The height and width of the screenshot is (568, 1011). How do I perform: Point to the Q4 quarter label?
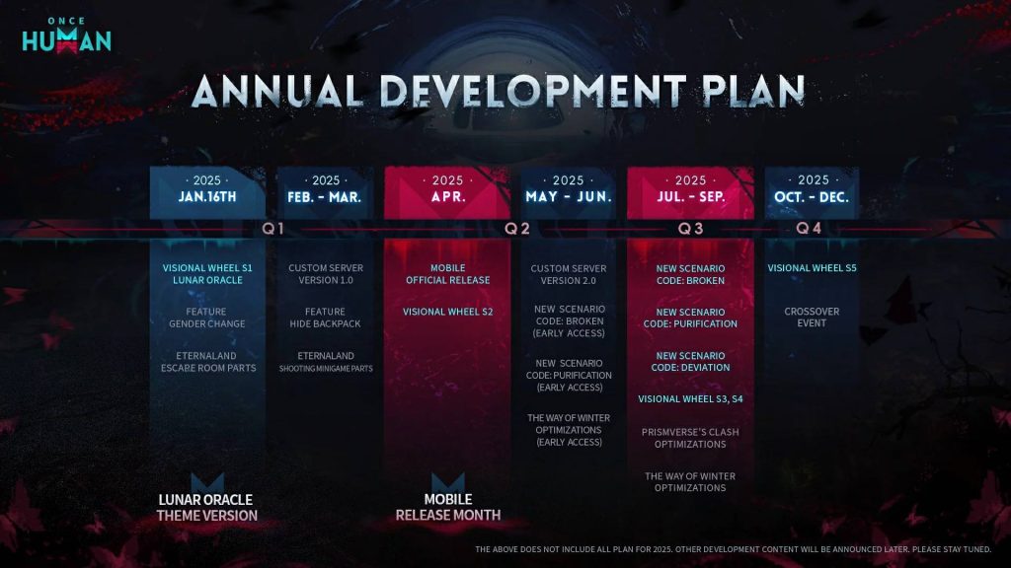coord(810,229)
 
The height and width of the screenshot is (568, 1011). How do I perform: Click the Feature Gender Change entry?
coord(207,318)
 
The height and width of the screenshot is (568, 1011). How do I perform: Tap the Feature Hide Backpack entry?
coord(325,318)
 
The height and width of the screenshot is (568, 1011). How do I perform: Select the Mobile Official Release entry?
coord(447,274)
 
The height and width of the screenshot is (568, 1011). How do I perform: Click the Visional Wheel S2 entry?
coord(447,312)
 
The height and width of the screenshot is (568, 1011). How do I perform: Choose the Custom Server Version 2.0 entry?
coord(568,274)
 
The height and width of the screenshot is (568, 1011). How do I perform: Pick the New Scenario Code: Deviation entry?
coord(690,362)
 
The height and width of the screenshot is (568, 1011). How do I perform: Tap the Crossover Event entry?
coord(812,318)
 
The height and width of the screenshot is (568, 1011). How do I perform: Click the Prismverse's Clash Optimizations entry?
coord(690,438)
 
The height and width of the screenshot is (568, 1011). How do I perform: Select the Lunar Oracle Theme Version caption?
coord(207,507)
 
